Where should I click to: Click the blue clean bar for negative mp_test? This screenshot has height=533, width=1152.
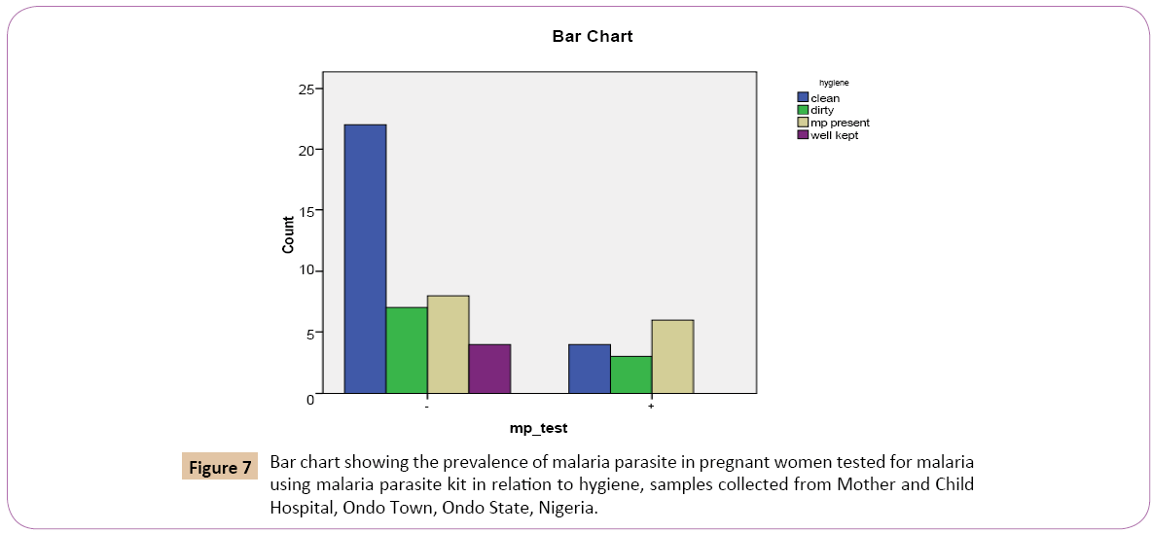tap(365, 259)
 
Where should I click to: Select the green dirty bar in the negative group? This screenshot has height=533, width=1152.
tap(407, 350)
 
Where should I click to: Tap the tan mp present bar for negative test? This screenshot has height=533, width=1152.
tap(448, 344)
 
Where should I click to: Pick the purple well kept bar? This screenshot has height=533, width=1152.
tap(489, 369)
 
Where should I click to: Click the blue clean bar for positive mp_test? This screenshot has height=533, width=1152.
tap(589, 369)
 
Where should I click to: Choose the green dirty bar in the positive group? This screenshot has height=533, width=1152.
tap(630, 374)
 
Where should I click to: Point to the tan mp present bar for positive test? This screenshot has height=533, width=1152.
tap(672, 356)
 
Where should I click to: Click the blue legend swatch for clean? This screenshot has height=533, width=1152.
tap(803, 98)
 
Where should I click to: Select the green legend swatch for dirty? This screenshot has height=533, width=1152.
tap(803, 111)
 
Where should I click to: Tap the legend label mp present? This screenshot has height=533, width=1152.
tap(840, 123)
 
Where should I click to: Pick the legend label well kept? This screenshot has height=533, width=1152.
tap(834, 135)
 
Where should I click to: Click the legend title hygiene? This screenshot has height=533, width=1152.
tap(834, 84)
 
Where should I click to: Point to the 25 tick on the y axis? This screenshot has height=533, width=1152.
tap(306, 89)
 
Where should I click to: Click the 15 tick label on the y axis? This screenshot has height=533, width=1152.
tap(306, 211)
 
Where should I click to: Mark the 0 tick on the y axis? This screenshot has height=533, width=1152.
tap(310, 398)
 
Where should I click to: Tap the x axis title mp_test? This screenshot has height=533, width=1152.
tap(538, 428)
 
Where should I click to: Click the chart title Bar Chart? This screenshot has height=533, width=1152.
tap(592, 37)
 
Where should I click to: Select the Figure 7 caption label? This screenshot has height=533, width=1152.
tap(220, 467)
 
